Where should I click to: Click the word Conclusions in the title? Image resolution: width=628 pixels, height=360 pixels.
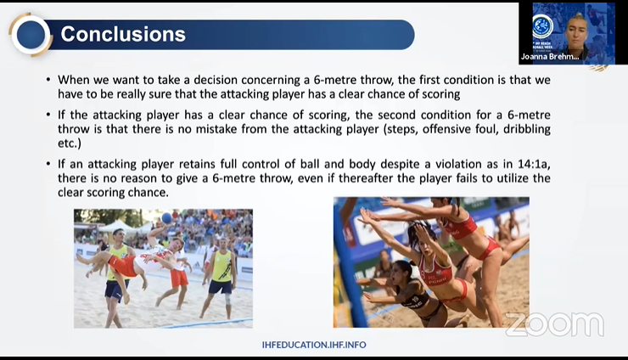pos(123,34)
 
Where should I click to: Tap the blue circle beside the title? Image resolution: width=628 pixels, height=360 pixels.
pos(30,35)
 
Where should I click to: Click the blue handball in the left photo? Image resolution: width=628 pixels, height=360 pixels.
pos(166,217)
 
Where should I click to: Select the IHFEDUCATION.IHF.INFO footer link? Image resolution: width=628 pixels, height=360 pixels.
pos(314,345)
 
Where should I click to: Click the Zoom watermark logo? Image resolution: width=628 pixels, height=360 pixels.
pos(555,324)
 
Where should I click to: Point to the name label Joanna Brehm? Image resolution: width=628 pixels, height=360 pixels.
pos(550,57)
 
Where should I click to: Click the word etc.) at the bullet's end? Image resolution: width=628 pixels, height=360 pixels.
pos(70,143)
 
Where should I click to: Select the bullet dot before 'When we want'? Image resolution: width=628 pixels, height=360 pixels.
pos(48,80)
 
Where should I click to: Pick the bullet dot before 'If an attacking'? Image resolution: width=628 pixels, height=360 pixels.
pos(48,164)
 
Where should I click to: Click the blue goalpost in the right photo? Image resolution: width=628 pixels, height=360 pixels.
pos(350,265)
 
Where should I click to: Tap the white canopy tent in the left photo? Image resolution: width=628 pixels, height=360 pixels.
pos(116,226)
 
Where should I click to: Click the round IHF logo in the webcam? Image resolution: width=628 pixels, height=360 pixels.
pos(542,26)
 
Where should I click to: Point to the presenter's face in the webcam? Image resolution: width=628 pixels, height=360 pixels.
pos(576,31)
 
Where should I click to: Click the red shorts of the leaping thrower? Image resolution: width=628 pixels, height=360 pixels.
pos(123,265)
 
